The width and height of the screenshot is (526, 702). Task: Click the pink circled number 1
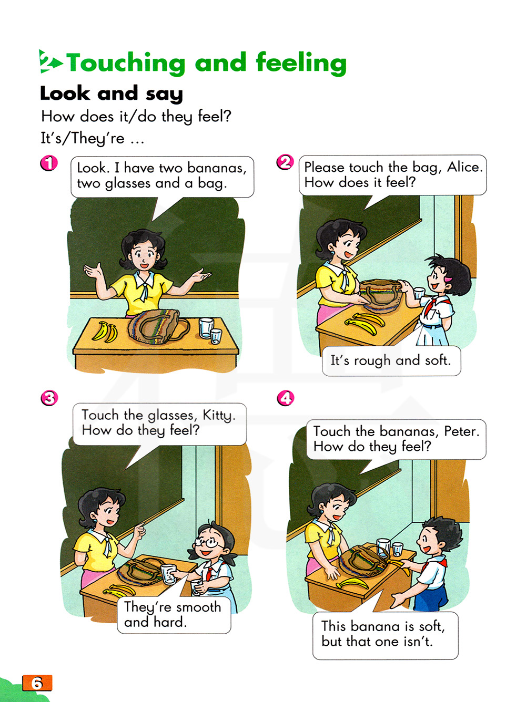(x=49, y=163)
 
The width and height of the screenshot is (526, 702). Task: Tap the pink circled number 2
(x=285, y=162)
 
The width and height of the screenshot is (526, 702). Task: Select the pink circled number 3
(x=49, y=398)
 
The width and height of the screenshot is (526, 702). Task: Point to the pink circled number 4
(x=285, y=398)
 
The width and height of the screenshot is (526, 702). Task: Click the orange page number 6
(x=37, y=683)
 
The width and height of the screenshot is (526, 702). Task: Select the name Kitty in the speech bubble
(x=219, y=416)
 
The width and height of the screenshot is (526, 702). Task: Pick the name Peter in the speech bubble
(x=462, y=431)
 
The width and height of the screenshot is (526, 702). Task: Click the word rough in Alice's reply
(x=372, y=361)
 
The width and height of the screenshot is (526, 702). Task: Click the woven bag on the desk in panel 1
(x=158, y=326)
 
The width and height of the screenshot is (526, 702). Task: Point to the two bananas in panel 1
(x=105, y=332)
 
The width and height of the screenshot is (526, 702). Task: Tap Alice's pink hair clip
(x=448, y=279)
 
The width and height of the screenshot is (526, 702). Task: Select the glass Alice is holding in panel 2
(x=419, y=293)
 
